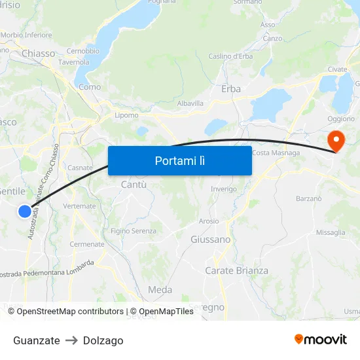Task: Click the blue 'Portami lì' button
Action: point(179,160)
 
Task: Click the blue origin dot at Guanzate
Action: point(24,211)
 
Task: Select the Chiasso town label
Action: point(38,53)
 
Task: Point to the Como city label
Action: point(90,86)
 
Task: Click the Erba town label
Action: point(231,88)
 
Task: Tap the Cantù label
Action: point(134,185)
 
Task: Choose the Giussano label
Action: point(210,240)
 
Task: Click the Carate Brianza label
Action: point(236,270)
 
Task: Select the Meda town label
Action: point(160,289)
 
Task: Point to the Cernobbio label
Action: point(82,51)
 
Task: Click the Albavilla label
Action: point(190,103)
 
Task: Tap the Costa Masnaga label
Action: point(276,153)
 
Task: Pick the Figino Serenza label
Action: point(134,230)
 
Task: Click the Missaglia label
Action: point(330,232)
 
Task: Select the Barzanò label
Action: point(309,198)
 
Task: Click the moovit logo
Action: point(321,339)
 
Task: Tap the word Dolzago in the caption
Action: point(103,340)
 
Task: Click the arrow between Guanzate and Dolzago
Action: point(71,340)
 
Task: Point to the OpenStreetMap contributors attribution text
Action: point(65,312)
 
